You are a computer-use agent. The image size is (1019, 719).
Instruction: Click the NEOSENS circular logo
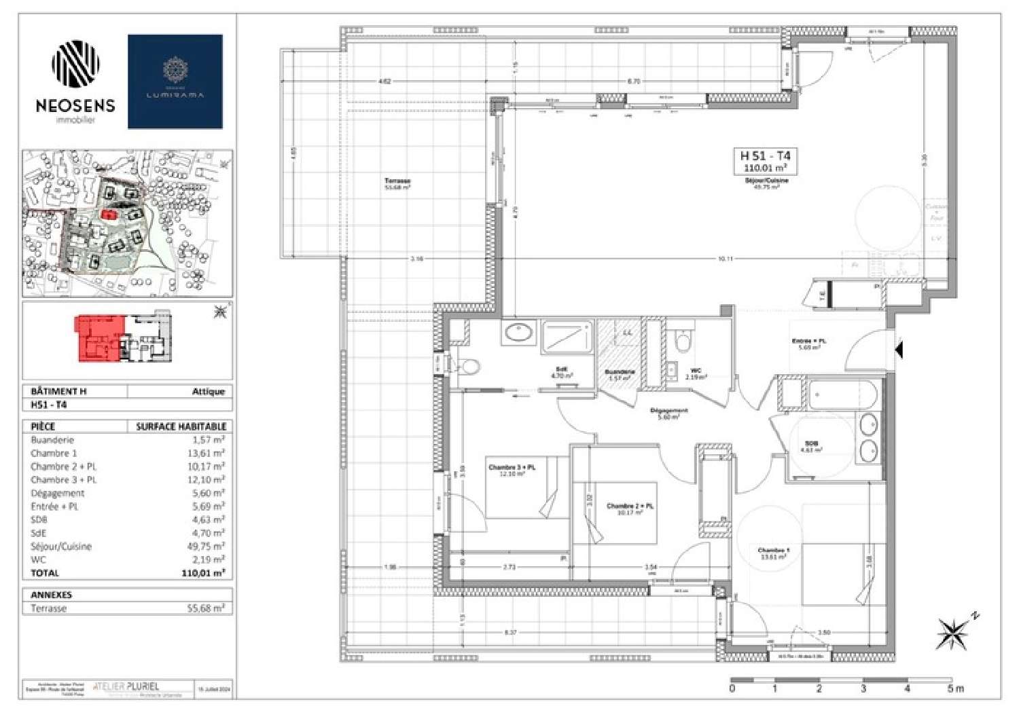pos(75,64)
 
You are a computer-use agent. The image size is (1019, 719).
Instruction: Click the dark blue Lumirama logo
pos(175,81)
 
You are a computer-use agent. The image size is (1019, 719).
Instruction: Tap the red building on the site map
pos(107,213)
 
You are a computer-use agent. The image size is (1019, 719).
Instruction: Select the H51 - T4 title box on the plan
pos(765,161)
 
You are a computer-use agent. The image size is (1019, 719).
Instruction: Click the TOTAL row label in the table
pos(45,573)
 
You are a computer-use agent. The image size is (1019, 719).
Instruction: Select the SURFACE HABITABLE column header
pos(181,426)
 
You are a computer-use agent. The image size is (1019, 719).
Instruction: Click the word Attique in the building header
pos(208,392)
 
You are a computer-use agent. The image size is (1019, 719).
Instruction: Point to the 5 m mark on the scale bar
pos(955,688)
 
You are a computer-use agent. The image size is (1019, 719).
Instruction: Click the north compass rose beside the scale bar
pos(953,633)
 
